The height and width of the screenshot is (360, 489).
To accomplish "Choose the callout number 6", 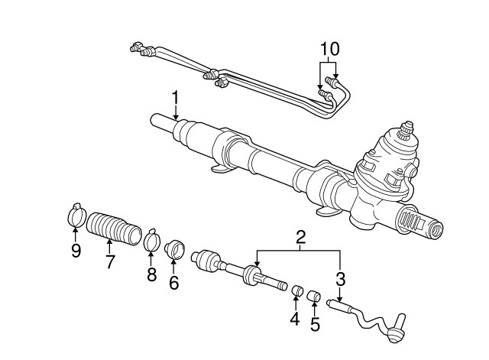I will tap(173, 282).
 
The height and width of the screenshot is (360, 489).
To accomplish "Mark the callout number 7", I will tap(110, 261).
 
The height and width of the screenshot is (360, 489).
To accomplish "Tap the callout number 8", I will tap(151, 273).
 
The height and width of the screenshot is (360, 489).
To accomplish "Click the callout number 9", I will tap(76, 251).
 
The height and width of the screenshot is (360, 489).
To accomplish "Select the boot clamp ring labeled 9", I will tap(75, 217).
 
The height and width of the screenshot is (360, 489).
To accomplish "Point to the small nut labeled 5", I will tap(313, 294).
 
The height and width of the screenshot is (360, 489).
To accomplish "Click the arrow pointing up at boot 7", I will tap(108, 245).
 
